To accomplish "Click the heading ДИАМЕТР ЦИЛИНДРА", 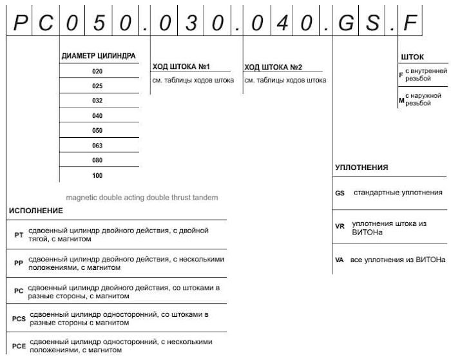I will click(x=99, y=56).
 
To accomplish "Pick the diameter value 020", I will click(x=97, y=71).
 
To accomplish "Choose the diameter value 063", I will click(x=97, y=146).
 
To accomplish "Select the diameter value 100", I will click(x=97, y=175).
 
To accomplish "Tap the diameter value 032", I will click(x=97, y=101).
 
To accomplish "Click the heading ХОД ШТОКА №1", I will click(x=182, y=66).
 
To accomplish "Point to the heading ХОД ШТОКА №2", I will click(x=273, y=67).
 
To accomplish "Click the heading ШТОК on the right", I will click(x=412, y=57).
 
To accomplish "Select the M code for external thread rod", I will click(x=401, y=100).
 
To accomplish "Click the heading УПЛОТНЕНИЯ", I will click(x=361, y=167).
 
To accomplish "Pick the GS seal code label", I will click(x=340, y=193).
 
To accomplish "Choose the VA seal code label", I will click(x=339, y=260).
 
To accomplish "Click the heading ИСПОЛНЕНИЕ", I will click(x=36, y=211).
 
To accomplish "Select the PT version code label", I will click(x=19, y=235).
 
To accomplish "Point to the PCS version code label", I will click(x=19, y=318).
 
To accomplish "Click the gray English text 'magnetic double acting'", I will click(x=142, y=197).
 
